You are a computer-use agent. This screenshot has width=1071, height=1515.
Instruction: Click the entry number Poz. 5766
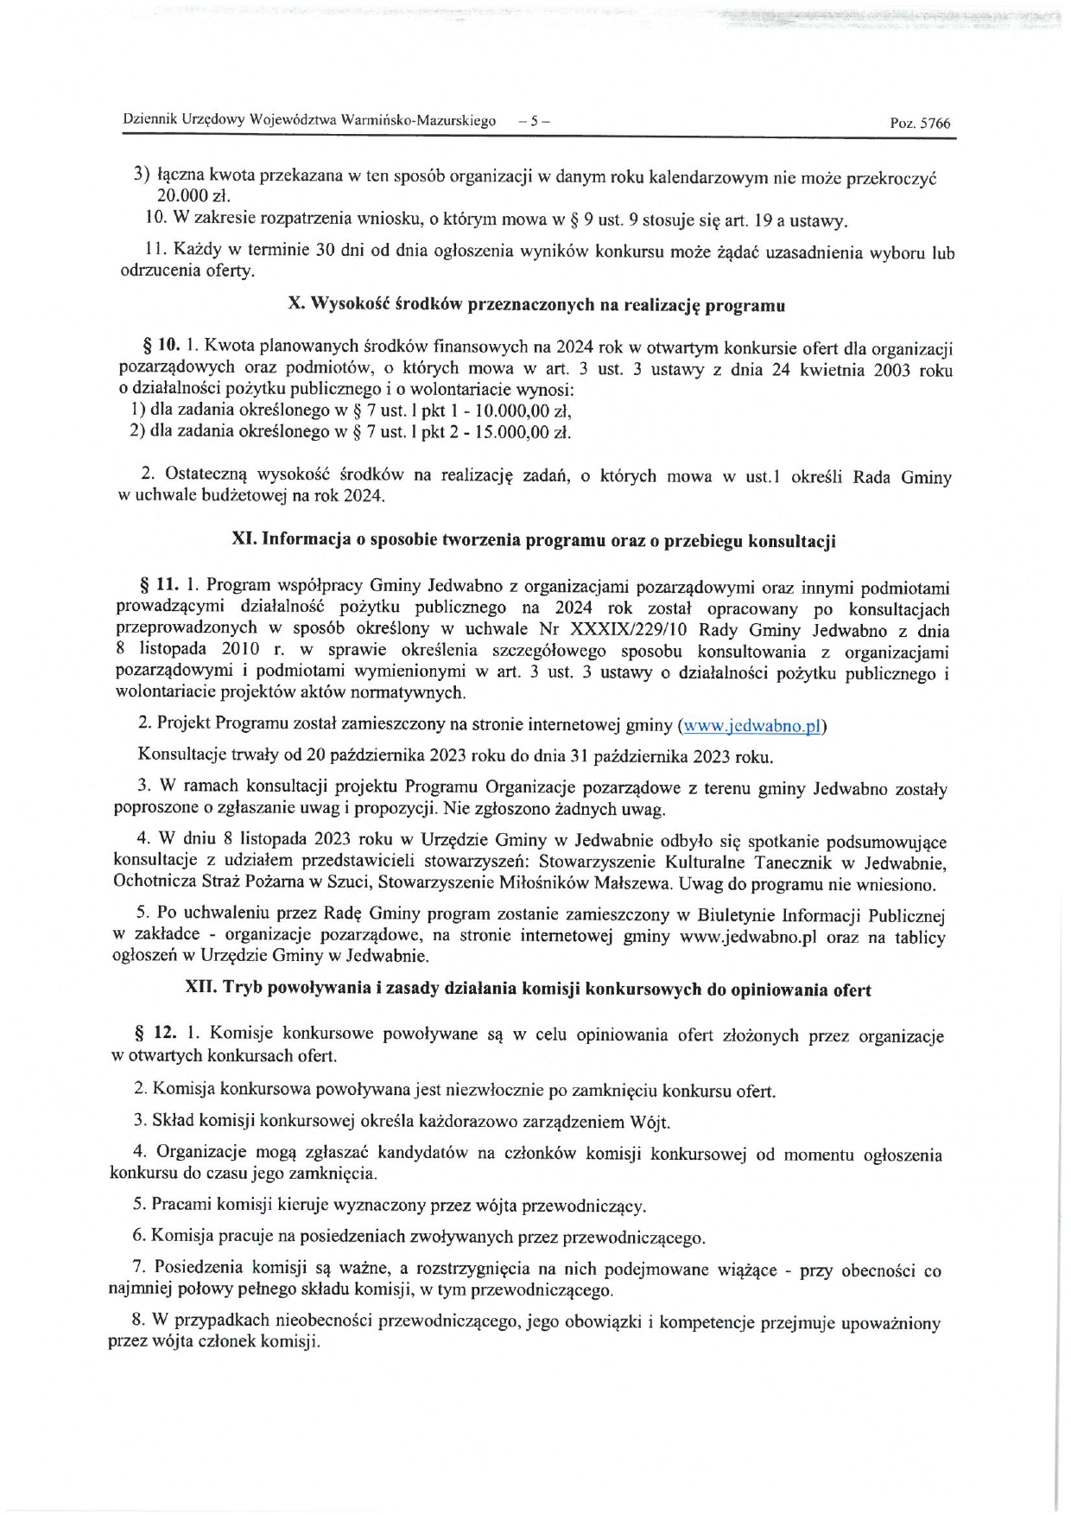[920, 123]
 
